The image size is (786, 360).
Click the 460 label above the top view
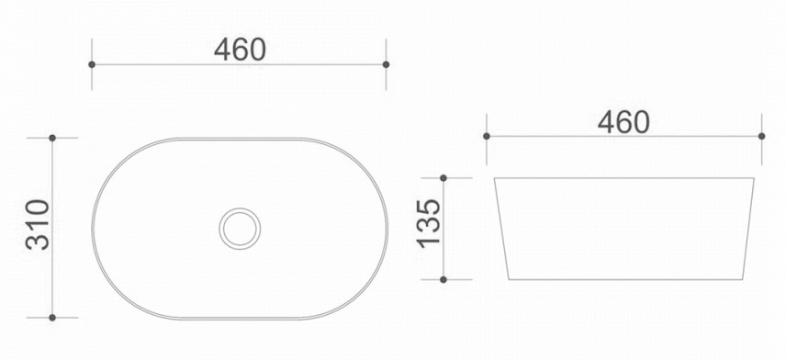(x=240, y=50)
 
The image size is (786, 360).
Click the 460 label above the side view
(x=623, y=122)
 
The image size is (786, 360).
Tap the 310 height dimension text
(x=38, y=225)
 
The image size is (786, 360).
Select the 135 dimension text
(x=429, y=223)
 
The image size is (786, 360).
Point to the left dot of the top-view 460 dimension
(x=92, y=64)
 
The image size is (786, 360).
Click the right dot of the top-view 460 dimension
(x=386, y=64)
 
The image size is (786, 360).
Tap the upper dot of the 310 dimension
(x=52, y=138)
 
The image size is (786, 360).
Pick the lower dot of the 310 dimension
(x=52, y=318)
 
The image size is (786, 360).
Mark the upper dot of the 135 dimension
(x=444, y=178)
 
